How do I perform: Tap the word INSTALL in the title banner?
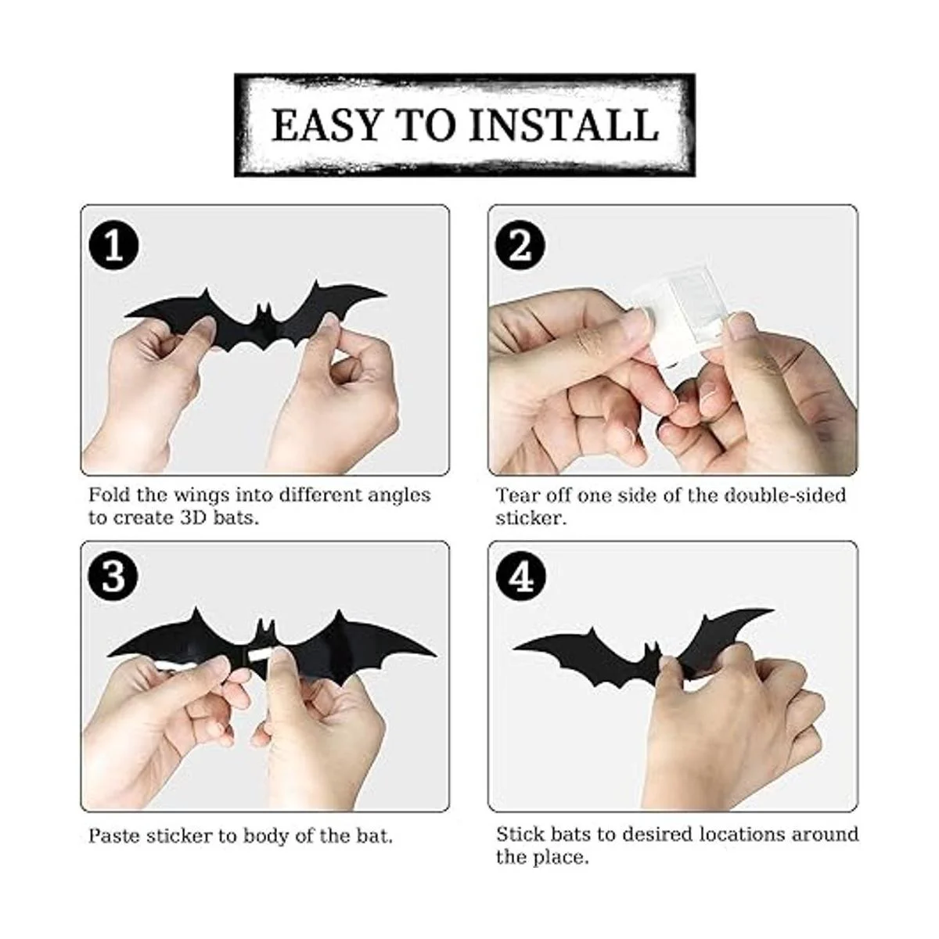[x=563, y=125]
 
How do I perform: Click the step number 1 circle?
[x=113, y=246]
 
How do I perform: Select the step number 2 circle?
[x=520, y=246]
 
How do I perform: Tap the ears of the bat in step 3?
[x=265, y=627]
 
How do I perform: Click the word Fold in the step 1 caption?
[x=110, y=495]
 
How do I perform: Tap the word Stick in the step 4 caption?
[x=520, y=834]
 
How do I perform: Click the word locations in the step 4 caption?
[x=742, y=834]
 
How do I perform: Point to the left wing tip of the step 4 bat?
[x=515, y=648]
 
